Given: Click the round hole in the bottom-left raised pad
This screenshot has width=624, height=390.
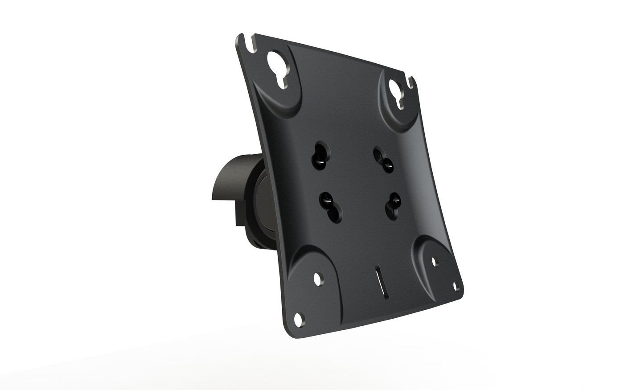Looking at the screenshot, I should point(318,279).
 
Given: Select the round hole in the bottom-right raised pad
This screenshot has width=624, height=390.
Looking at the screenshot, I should point(435,261).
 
